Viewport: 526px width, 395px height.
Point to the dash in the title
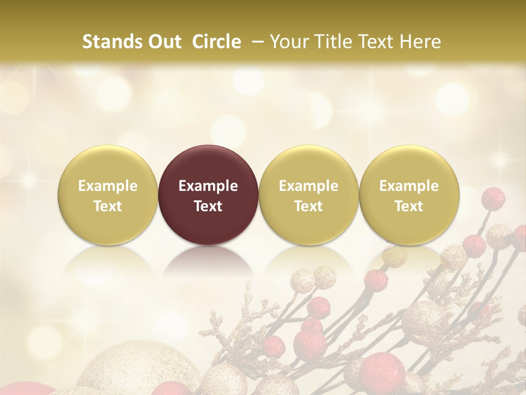(x=255, y=42)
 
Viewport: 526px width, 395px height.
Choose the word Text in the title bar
(x=374, y=42)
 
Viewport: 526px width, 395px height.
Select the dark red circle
(x=208, y=195)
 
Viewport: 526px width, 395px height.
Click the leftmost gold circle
(x=108, y=195)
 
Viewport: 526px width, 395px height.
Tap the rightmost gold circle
(x=409, y=195)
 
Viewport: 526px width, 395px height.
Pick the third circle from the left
(x=308, y=195)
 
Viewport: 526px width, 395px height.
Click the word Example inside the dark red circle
(x=208, y=186)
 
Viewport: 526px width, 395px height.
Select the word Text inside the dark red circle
(x=208, y=206)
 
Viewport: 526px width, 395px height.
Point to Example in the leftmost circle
(x=108, y=186)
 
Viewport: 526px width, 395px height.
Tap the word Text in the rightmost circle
(x=409, y=206)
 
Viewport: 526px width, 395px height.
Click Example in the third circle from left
(x=308, y=186)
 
